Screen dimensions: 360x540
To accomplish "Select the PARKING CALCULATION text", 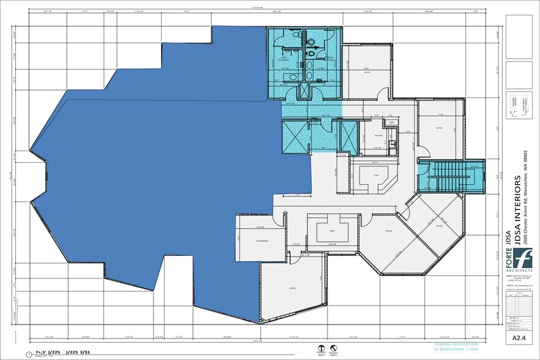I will (454, 345).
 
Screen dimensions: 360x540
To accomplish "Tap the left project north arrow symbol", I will (320, 348).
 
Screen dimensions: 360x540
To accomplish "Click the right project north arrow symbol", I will (333, 348).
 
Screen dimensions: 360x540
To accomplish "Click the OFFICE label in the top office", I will (367, 72).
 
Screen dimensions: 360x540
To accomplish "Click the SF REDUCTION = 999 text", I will (456, 351).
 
